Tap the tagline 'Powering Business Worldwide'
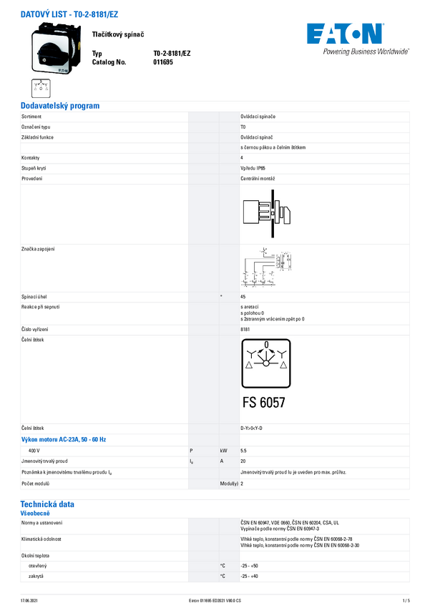[366, 52]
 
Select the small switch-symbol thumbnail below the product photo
[41, 88]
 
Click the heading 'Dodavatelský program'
[60, 106]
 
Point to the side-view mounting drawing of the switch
[265, 214]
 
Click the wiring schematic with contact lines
[265, 268]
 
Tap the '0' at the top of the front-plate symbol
[265, 345]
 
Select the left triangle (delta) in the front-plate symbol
[248, 364]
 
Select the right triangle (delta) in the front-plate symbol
[283, 364]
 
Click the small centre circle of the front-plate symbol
[265, 363]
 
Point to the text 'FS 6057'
[263, 402]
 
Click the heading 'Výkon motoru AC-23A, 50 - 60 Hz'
[68, 438]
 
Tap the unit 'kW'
[224, 451]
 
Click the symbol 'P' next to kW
[191, 451]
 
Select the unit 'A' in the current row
[223, 462]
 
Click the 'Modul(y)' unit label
[229, 484]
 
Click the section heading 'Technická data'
[47, 504]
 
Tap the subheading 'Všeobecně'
[35, 513]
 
